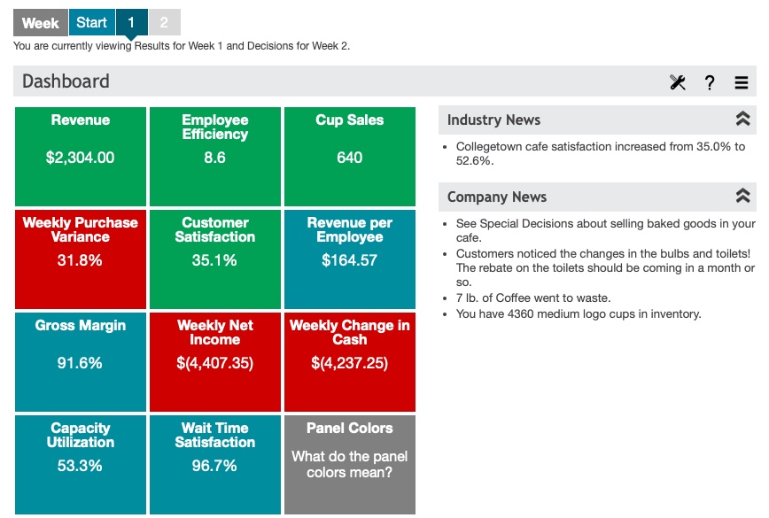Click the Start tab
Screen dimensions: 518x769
click(x=91, y=23)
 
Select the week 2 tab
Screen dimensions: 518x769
click(x=164, y=23)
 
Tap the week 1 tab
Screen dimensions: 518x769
click(x=131, y=23)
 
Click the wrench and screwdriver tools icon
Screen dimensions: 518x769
click(x=678, y=82)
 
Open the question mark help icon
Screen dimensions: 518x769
click(x=710, y=82)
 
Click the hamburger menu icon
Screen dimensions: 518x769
click(x=742, y=82)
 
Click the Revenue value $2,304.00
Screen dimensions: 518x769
click(x=81, y=158)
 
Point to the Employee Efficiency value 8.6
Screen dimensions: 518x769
click(x=214, y=158)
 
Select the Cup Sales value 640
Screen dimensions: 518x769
click(x=349, y=158)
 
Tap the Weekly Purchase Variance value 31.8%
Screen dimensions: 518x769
click(x=81, y=260)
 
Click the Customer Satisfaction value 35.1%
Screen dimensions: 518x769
click(x=214, y=260)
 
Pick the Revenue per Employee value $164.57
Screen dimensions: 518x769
click(x=349, y=260)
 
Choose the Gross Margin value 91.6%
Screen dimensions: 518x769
click(x=81, y=363)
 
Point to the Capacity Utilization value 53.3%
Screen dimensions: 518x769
click(x=81, y=466)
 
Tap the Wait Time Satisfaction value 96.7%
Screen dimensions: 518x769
click(x=214, y=466)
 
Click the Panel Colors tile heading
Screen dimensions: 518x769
click(x=349, y=428)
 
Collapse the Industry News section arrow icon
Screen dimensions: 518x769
click(x=742, y=120)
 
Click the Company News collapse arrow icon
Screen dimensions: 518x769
click(x=742, y=197)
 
